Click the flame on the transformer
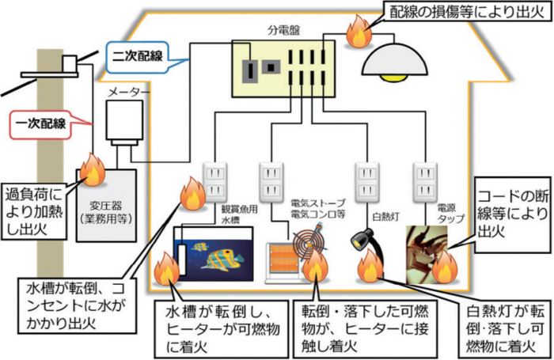click(x=89, y=169)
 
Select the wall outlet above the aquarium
click(x=215, y=183)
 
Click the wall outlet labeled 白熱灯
click(x=366, y=183)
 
